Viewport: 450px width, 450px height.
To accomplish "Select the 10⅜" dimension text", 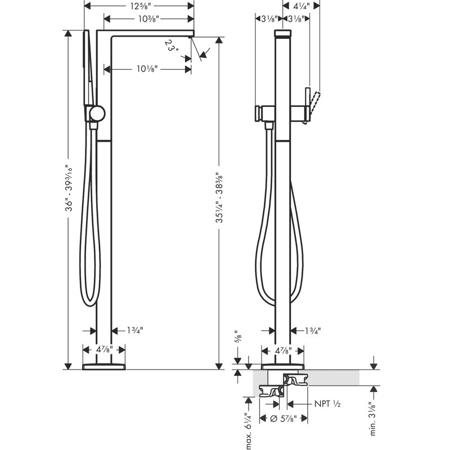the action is pos(148,19).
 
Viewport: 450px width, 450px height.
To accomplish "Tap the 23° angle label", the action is pos(172,46).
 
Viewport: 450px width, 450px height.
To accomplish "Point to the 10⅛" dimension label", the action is pos(147,69).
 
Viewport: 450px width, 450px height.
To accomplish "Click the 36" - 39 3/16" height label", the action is pos(69,188).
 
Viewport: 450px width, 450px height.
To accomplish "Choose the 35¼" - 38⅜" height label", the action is pos(219,197).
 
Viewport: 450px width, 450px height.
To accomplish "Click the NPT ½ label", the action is pos(327,404).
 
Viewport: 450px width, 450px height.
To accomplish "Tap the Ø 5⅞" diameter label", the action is pos(283,418).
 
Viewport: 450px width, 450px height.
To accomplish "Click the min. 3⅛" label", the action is pos(373,418).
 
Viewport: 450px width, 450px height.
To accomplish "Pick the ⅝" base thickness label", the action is pos(238,336).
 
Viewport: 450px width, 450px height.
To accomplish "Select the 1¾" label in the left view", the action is pos(135,331).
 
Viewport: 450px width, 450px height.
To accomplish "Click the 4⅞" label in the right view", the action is pos(283,350).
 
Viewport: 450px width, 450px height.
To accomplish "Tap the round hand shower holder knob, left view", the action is pos(97,113).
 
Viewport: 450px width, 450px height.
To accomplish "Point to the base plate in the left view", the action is pos(104,367).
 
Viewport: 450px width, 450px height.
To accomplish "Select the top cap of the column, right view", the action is pos(283,33).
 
